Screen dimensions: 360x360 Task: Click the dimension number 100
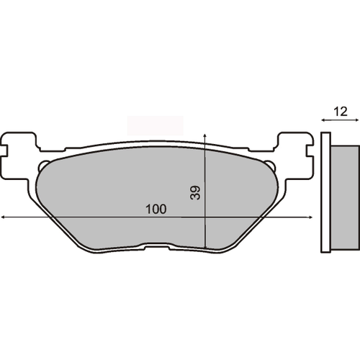(156, 210)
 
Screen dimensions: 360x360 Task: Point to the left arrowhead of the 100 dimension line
(3, 217)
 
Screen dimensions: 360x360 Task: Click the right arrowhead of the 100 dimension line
(313, 217)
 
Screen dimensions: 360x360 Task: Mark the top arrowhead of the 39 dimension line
(207, 135)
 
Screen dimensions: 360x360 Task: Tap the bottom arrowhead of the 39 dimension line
(207, 247)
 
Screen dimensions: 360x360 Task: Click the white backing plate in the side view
(326, 193)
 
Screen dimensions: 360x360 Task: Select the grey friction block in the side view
(344, 193)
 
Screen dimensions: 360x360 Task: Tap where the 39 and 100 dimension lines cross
(207, 217)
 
